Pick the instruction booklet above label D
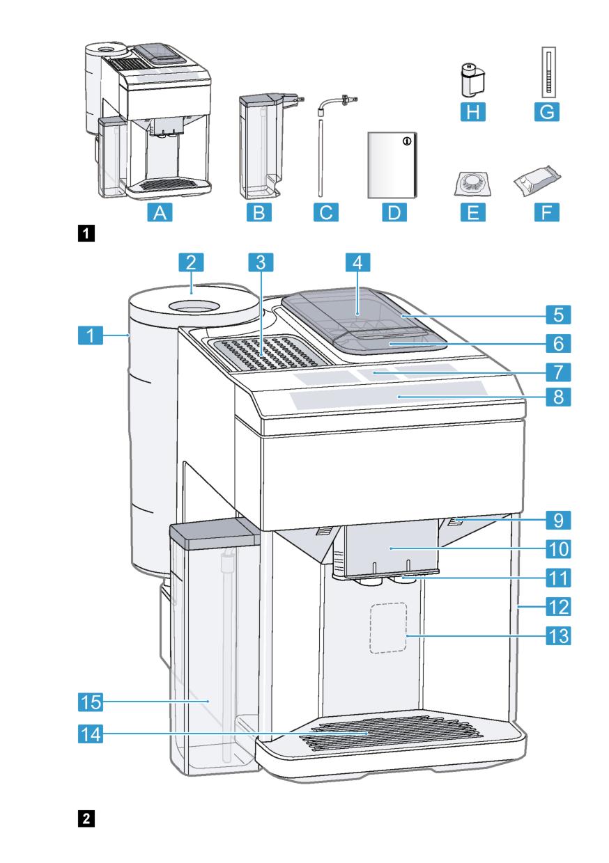(391, 165)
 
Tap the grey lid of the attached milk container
(212, 534)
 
